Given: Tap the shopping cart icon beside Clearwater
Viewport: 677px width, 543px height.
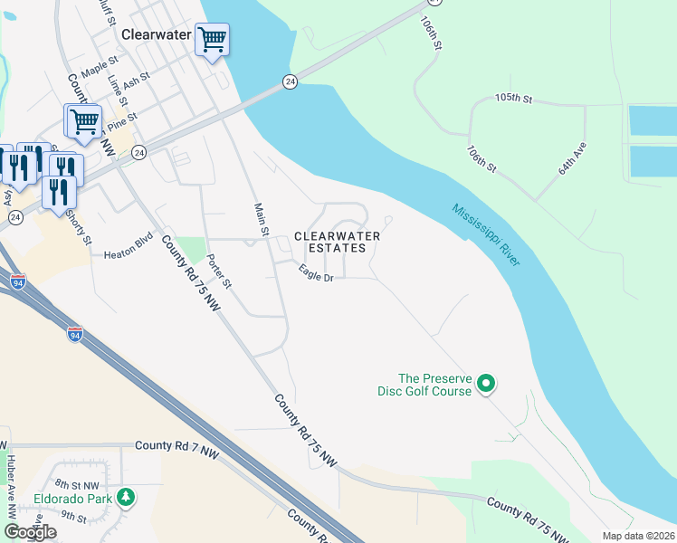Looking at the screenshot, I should coord(212,41).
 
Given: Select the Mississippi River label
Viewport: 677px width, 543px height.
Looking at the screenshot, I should coord(486,233).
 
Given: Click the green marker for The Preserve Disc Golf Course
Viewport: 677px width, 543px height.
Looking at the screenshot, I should coord(486,385).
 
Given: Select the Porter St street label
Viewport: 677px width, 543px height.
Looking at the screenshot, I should coord(220,271).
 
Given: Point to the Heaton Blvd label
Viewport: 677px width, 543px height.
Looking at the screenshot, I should coord(129,253).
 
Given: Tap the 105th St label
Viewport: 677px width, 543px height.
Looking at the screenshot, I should coord(514,98).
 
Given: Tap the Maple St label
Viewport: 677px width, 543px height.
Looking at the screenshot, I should coord(100,67).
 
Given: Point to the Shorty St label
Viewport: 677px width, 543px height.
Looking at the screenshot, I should coord(83,227).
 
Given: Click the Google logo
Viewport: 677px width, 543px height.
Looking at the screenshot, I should coord(30,531).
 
